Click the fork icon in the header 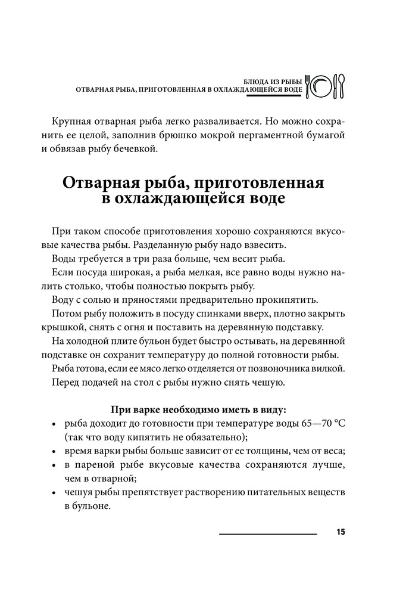point(308,86)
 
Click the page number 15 point(341,532)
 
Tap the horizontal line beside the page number point(268,534)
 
